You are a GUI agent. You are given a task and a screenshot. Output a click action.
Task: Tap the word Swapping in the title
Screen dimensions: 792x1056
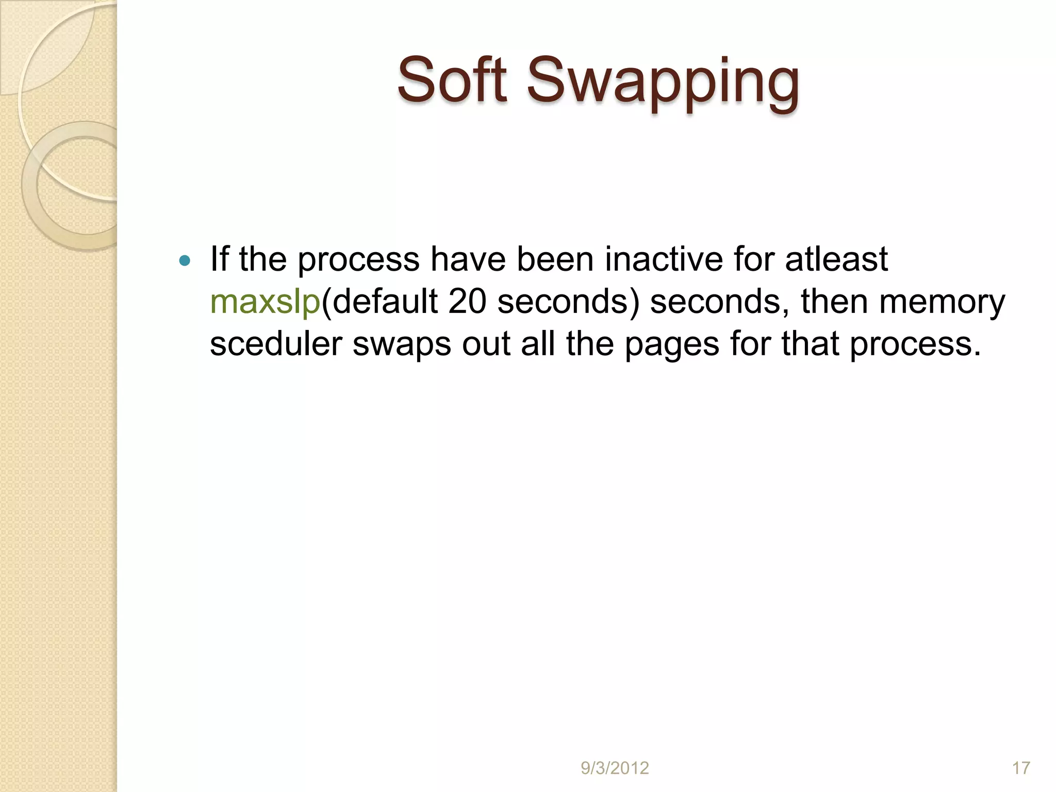[x=663, y=82]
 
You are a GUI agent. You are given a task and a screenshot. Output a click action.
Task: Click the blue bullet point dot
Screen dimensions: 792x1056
[x=184, y=260]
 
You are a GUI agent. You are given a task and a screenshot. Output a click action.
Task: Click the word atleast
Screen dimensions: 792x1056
[x=836, y=259]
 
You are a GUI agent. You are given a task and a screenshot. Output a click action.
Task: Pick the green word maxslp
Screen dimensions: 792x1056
[x=265, y=302]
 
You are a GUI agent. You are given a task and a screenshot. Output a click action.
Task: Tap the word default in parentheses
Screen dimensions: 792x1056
[x=385, y=302]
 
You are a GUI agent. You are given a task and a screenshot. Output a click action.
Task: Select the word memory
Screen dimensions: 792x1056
[x=942, y=302]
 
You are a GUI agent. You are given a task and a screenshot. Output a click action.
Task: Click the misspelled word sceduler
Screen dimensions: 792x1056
[x=276, y=344]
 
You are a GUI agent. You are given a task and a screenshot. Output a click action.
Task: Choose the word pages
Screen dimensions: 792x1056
[x=671, y=344]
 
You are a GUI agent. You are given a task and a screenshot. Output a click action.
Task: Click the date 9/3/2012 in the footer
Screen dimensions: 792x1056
[x=615, y=768]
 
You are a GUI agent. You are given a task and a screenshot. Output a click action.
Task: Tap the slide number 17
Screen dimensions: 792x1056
[x=1021, y=768]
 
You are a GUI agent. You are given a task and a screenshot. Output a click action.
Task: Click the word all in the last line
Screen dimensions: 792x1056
[x=538, y=344]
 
